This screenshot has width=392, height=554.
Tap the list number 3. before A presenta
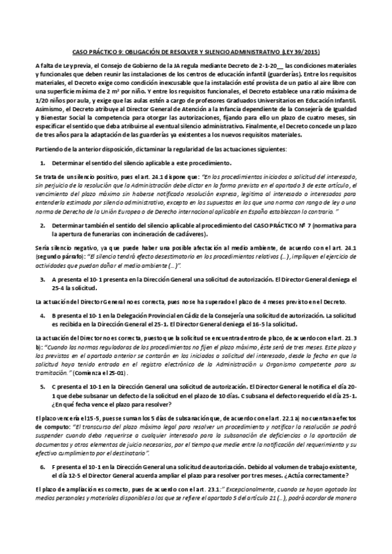43,279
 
